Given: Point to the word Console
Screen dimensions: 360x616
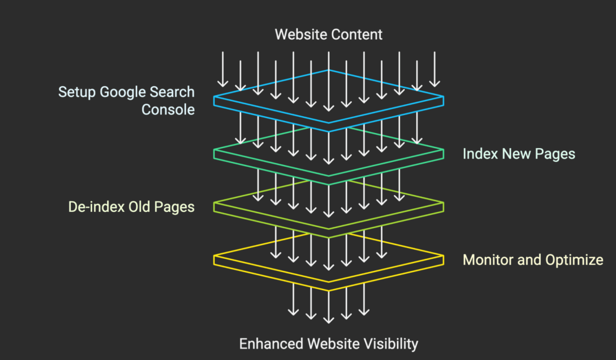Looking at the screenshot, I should tap(168, 110).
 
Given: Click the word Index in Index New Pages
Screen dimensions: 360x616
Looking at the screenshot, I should tap(478, 154).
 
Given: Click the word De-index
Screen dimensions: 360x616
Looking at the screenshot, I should tap(95, 207).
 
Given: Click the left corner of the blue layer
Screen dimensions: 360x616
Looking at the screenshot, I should tap(215, 99).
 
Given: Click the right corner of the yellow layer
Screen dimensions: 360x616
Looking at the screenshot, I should tap(443, 259).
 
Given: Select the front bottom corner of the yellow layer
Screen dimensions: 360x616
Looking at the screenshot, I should tap(328, 290).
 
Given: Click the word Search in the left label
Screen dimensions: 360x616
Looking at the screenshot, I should tap(173, 92).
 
